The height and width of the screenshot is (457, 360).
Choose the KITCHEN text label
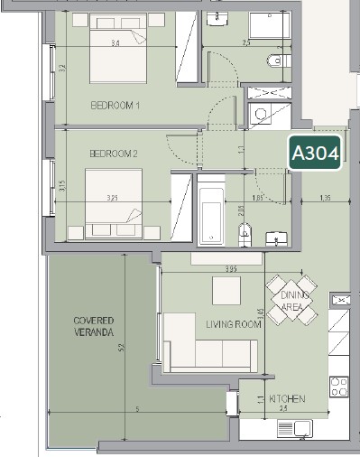pyautogui.click(x=286, y=398)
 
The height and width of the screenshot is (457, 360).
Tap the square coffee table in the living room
pyautogui.click(x=226, y=291)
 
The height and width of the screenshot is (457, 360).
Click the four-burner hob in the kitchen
pyautogui.click(x=340, y=387)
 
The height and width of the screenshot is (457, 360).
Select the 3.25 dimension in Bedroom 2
pyautogui.click(x=113, y=197)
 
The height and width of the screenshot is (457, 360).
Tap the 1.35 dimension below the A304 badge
pyautogui.click(x=327, y=197)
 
